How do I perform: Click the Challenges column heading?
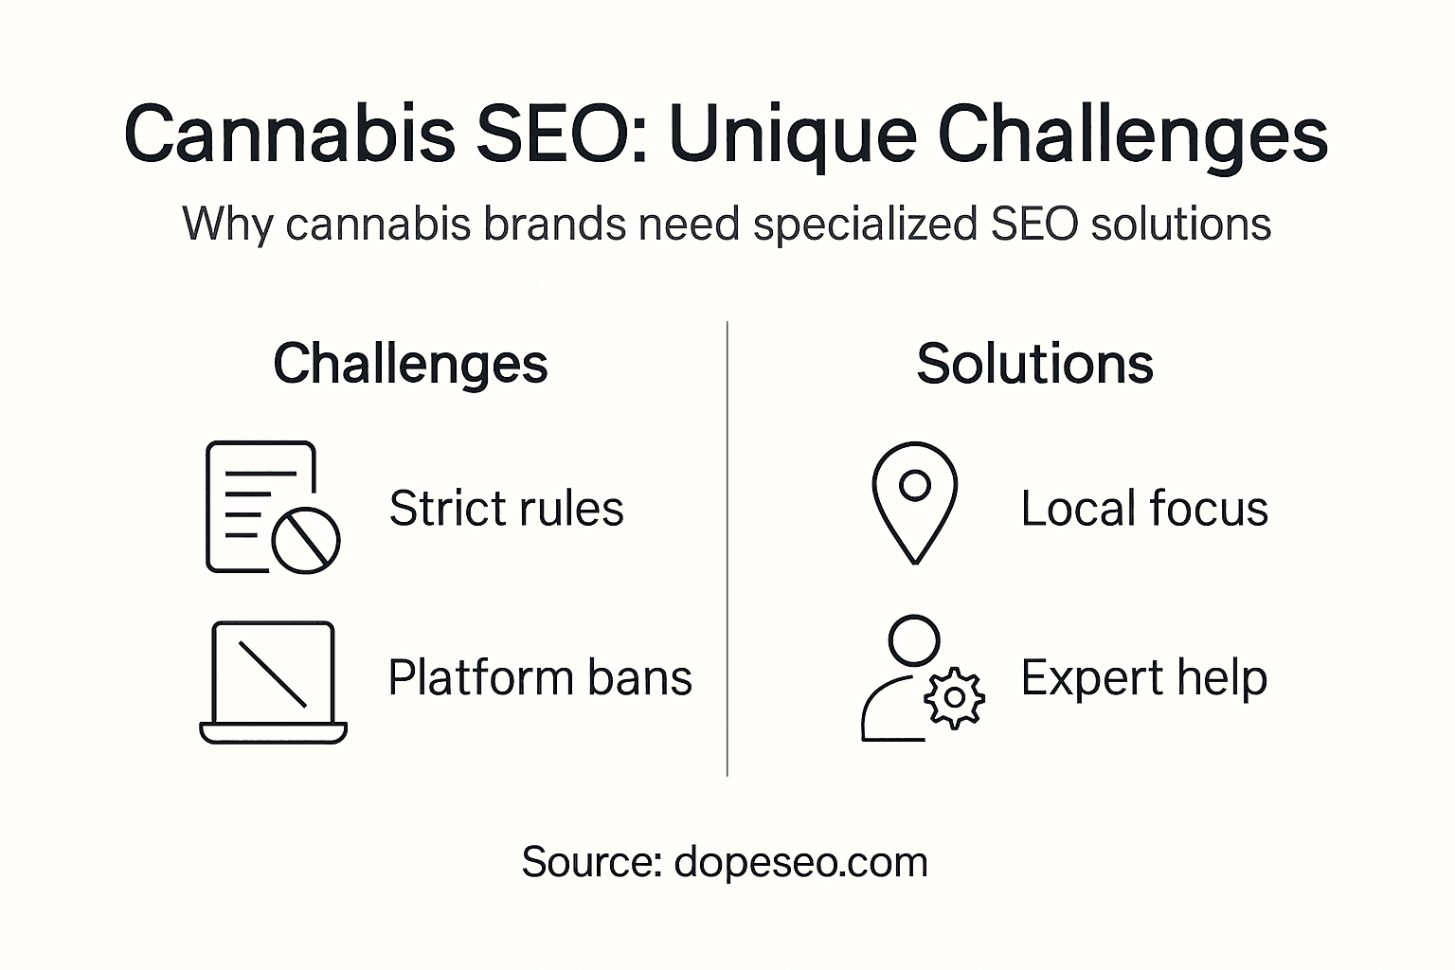(x=410, y=364)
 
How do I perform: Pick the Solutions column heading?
(x=1034, y=364)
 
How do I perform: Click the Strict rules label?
(x=506, y=509)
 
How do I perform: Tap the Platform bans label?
(x=540, y=678)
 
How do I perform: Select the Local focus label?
(x=1143, y=509)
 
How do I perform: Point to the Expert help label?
(x=1143, y=678)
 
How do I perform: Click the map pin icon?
(x=914, y=502)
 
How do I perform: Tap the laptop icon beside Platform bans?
(x=273, y=682)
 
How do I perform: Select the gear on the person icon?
(x=954, y=698)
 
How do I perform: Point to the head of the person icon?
(x=914, y=641)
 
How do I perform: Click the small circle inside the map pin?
(x=914, y=485)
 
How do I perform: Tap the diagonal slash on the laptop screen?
(x=273, y=674)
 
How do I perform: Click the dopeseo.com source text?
(x=800, y=862)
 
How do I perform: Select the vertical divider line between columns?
(x=727, y=549)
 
